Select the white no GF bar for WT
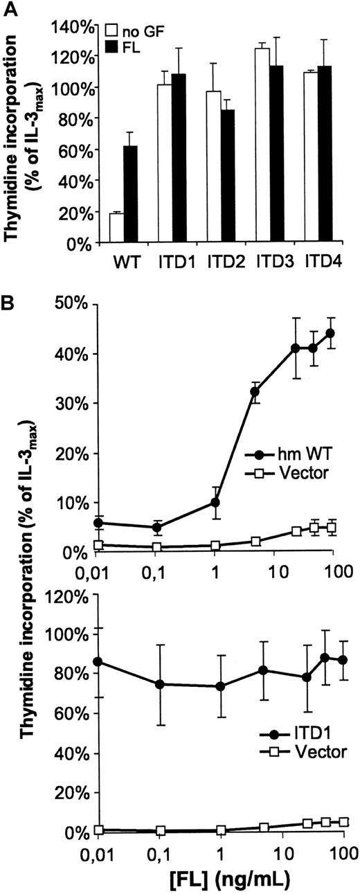pyautogui.click(x=116, y=229)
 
